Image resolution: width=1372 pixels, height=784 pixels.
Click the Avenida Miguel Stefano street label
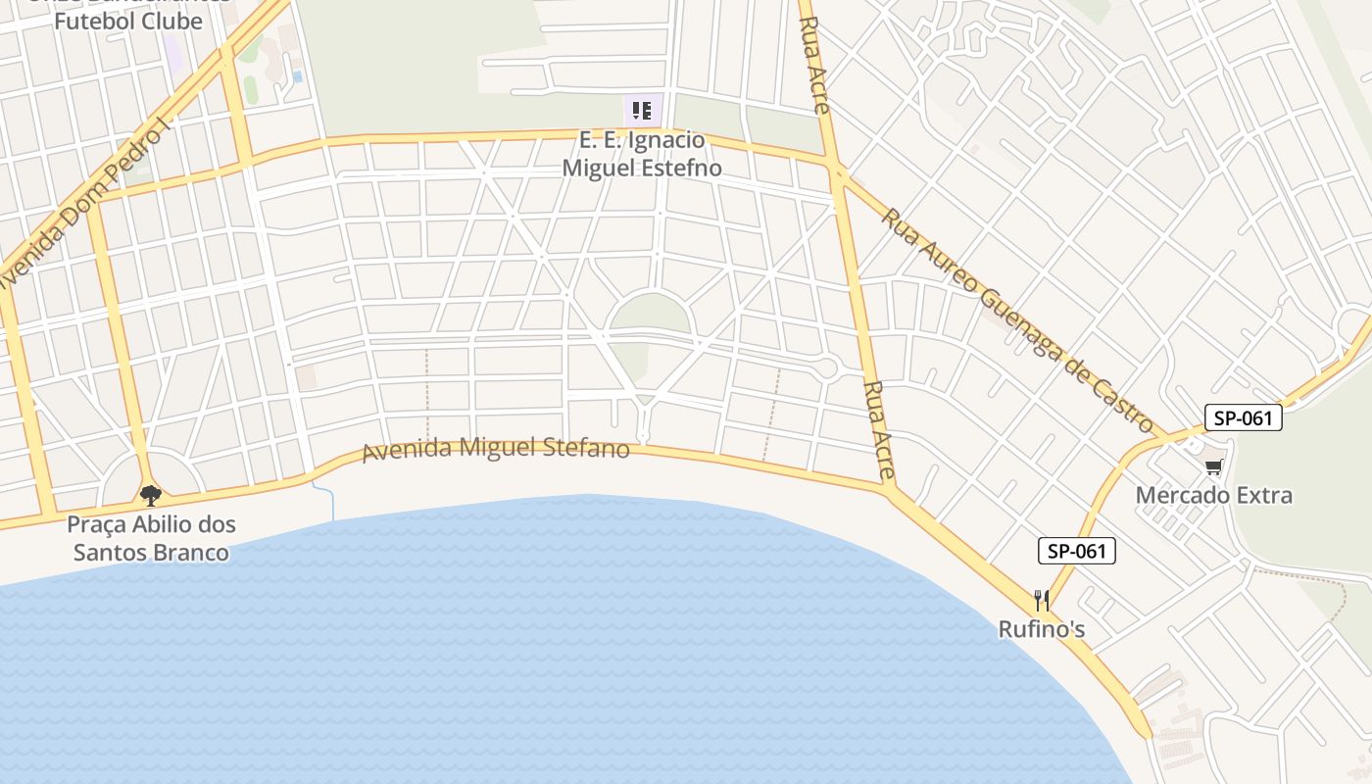(x=495, y=450)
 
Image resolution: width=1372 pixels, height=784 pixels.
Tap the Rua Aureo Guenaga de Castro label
(x=1016, y=319)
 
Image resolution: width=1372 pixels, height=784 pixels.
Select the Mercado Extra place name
(x=1213, y=495)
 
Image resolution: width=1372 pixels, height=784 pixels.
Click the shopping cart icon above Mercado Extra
(x=1214, y=467)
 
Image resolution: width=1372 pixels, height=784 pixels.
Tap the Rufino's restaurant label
(x=1041, y=629)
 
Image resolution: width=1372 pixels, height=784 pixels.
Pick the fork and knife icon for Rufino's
(x=1042, y=600)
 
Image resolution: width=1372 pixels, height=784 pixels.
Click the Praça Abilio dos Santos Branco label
(x=151, y=538)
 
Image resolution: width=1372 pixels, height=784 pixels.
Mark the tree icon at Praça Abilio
(x=150, y=496)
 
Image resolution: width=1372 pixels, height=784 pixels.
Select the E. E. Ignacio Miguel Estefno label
(x=642, y=154)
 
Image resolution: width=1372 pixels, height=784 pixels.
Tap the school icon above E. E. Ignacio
(x=642, y=110)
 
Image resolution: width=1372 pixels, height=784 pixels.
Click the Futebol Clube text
(x=128, y=21)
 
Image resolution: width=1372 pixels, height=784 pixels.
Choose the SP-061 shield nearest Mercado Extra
(x=1243, y=418)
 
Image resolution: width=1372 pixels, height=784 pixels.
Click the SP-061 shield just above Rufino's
(x=1076, y=551)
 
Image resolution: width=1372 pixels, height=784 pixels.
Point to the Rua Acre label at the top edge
(x=815, y=65)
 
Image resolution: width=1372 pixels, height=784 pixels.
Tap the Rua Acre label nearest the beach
(x=879, y=430)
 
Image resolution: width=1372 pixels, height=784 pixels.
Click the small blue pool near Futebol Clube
(x=298, y=75)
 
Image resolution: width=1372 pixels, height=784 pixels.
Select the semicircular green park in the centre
(x=649, y=313)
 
